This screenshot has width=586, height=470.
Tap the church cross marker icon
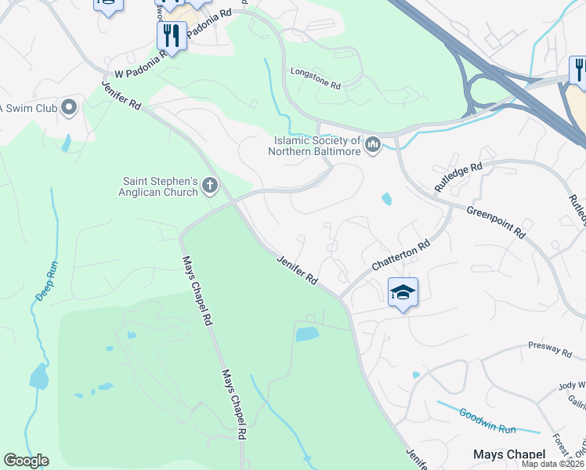coord(209,186)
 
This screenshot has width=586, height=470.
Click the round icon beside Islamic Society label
coord(373,145)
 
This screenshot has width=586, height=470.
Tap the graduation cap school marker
coord(403,293)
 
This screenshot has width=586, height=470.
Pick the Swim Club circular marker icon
coord(68,107)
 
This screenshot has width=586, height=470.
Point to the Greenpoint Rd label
coord(495,221)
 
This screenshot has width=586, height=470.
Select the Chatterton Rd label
coord(401,256)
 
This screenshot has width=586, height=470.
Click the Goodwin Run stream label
coord(487,420)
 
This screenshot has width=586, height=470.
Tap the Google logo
coord(26,461)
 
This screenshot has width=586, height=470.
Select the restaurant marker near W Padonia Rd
coord(171,35)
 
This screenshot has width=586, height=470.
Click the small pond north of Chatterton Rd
coord(386,199)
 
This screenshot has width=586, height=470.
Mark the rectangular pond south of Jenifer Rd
coord(307,334)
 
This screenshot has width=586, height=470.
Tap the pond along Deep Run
coord(38,377)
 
